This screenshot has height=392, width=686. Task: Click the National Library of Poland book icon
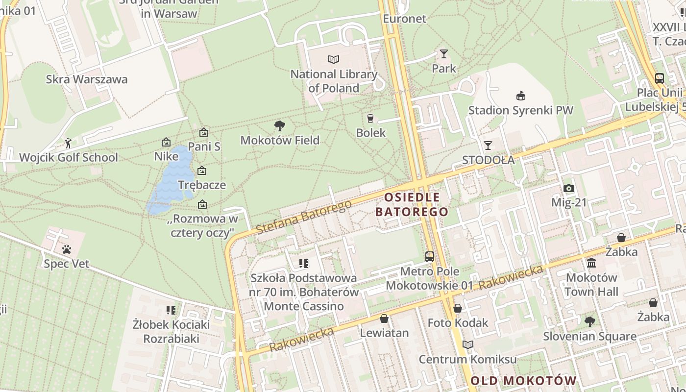[334, 59]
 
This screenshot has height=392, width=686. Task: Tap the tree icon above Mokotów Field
[280, 126]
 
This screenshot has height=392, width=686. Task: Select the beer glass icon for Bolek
[370, 118]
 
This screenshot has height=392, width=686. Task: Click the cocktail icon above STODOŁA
[488, 145]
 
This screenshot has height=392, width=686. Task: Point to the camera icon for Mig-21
[568, 188]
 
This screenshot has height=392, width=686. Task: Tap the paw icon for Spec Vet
[67, 249]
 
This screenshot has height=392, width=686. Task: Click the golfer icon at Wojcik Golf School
[68, 143]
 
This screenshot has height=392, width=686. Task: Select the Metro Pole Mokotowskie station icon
[430, 256]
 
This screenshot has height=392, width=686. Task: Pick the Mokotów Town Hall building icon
[591, 263]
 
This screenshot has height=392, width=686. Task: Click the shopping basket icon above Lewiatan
[384, 318]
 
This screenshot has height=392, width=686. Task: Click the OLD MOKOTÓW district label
[524, 381]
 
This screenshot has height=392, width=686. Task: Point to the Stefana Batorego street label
[304, 217]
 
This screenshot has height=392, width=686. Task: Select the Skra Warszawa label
[87, 79]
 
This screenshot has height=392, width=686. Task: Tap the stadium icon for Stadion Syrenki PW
[520, 96]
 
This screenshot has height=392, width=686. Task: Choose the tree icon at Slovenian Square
[589, 322]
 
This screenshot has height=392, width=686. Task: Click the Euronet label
[405, 19]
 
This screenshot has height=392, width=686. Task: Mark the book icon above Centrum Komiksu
[468, 344]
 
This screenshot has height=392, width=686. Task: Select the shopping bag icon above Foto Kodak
[458, 308]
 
